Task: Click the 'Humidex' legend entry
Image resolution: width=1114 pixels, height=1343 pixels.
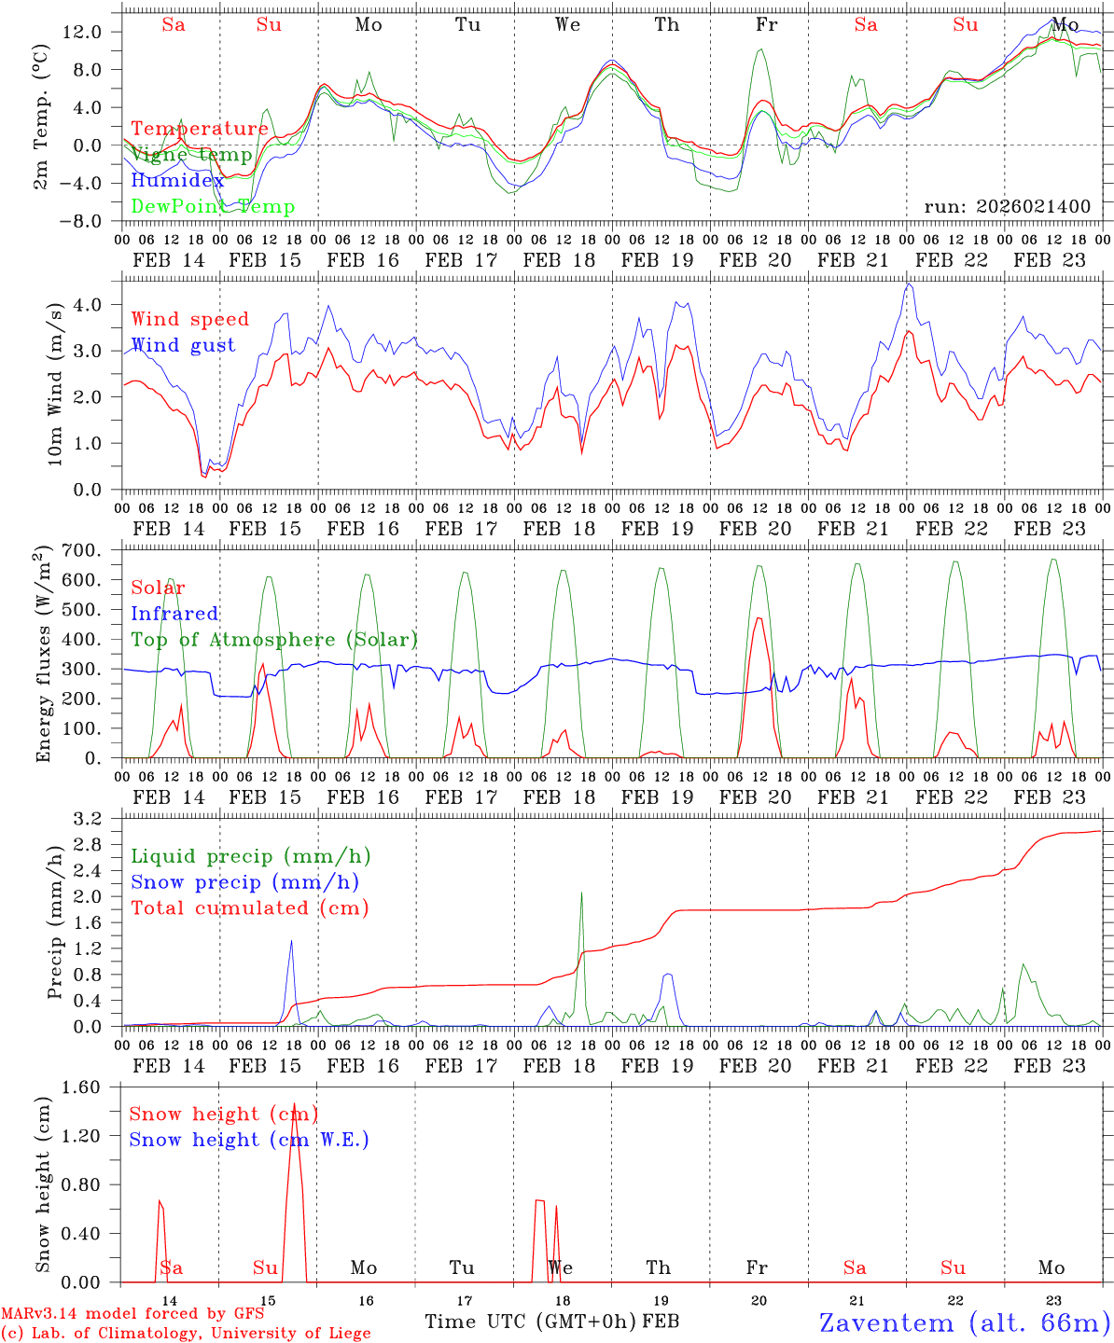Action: [177, 181]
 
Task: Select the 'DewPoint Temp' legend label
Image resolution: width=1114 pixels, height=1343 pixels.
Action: [213, 207]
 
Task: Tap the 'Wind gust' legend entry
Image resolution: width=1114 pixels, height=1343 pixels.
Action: [183, 345]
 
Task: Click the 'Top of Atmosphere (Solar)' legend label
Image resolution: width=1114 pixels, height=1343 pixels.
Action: [274, 640]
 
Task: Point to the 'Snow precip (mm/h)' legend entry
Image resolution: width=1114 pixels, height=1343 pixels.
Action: [244, 882]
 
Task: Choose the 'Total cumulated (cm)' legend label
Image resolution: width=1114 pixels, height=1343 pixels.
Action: [249, 908]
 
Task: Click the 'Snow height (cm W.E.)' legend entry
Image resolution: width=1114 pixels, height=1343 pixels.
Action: [249, 1140]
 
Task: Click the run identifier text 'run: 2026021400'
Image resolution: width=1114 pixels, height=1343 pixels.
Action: [1007, 207]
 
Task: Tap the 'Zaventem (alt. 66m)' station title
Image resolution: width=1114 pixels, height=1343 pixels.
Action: [965, 1322]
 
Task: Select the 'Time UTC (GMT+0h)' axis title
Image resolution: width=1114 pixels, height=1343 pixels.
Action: [531, 1322]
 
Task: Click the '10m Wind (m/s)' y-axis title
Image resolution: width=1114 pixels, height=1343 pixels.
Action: [55, 384]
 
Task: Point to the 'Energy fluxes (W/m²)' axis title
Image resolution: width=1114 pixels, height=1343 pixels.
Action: [44, 656]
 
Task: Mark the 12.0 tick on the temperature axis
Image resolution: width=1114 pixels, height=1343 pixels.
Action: [85, 32]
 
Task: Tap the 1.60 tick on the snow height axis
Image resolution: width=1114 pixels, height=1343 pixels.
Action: [89, 1087]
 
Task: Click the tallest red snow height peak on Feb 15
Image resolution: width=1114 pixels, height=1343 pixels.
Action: [294, 1105]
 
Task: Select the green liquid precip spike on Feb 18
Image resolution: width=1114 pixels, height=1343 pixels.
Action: [582, 893]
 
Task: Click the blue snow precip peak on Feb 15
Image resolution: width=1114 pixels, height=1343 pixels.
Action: [291, 942]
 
